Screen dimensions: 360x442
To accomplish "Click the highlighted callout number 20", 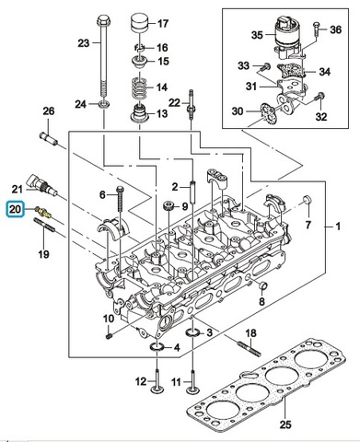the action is [x=16, y=210].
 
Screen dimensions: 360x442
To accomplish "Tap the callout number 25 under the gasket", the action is [x=285, y=425].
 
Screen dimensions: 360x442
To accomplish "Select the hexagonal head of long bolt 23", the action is [x=101, y=21].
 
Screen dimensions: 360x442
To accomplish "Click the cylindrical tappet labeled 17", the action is [x=140, y=23].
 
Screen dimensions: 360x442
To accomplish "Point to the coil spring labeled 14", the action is [x=139, y=87].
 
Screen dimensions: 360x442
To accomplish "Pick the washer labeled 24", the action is [x=103, y=104].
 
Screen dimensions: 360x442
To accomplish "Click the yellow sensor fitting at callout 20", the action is [x=43, y=213].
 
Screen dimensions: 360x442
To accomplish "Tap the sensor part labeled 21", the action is [x=41, y=185].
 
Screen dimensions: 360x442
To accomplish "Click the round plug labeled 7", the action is [x=308, y=199].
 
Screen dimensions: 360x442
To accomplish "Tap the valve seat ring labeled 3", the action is [x=192, y=332].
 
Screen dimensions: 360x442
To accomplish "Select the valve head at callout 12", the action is [x=157, y=390].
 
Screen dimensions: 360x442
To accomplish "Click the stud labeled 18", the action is [x=250, y=348].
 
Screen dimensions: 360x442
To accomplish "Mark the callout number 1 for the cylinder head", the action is [x=338, y=227].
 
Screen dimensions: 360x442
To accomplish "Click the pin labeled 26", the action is [x=49, y=139].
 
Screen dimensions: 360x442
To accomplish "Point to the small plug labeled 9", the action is [x=168, y=205].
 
